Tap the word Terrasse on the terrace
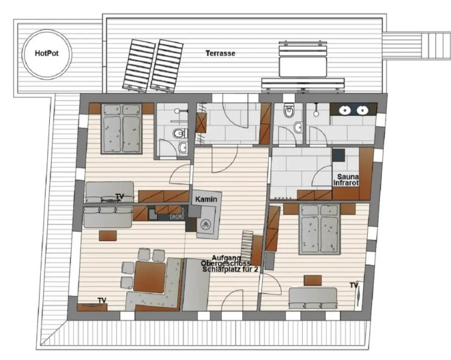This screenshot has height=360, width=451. (x=220, y=53)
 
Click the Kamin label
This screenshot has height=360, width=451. (x=205, y=199)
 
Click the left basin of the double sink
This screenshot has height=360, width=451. (x=345, y=110)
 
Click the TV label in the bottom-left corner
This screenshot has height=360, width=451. (x=103, y=300)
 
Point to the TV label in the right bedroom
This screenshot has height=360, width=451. (x=354, y=284)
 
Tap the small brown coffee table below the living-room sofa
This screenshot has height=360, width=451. (x=109, y=235)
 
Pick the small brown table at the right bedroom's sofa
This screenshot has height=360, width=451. (x=312, y=280)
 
